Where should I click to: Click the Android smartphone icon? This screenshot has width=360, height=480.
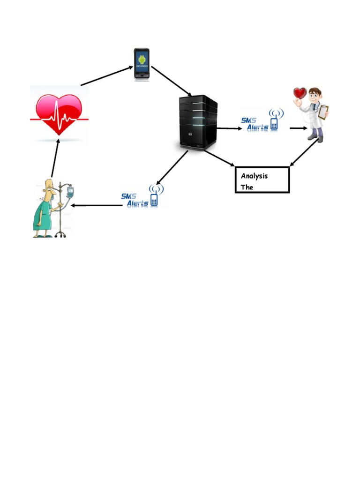[x=142, y=64]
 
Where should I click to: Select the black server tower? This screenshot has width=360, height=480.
[x=198, y=122]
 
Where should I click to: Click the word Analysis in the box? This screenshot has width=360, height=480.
[x=254, y=176]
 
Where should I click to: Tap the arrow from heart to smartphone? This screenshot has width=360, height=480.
[x=107, y=76]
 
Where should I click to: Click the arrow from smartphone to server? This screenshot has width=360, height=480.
[x=171, y=82]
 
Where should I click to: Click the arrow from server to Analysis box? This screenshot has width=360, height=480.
[x=219, y=158]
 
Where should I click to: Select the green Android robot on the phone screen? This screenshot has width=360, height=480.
[x=142, y=59]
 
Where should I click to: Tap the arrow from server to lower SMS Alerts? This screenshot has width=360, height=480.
[x=172, y=167]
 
